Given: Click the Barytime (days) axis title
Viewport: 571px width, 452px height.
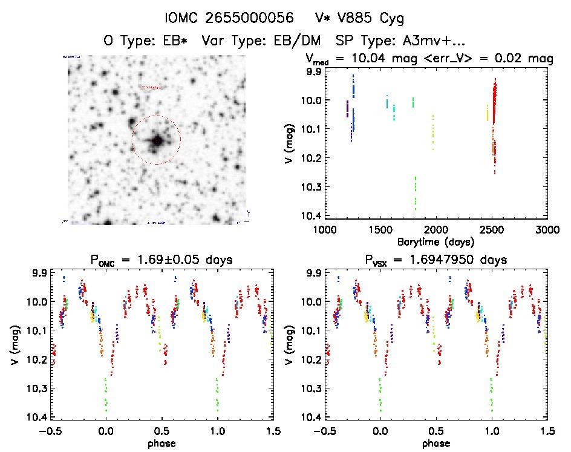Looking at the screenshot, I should point(436,241).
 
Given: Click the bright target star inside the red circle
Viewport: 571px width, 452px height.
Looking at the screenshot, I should point(157,140).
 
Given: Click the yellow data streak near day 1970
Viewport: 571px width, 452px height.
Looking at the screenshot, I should point(433,132).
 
